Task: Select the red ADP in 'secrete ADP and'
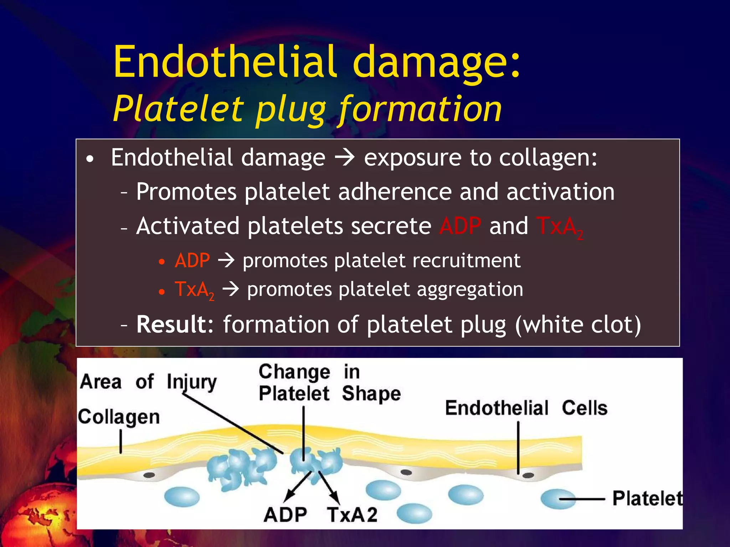(460, 226)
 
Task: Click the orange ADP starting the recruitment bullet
(192, 261)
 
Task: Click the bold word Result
(174, 324)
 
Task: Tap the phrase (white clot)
(577, 324)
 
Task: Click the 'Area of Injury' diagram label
(148, 382)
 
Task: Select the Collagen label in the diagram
(119, 417)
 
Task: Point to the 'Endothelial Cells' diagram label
(526, 408)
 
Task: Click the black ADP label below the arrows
(285, 515)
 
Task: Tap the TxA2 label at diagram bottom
(352, 515)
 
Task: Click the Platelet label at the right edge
(647, 498)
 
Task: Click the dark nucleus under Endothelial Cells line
(528, 475)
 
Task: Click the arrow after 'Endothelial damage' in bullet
(344, 158)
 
